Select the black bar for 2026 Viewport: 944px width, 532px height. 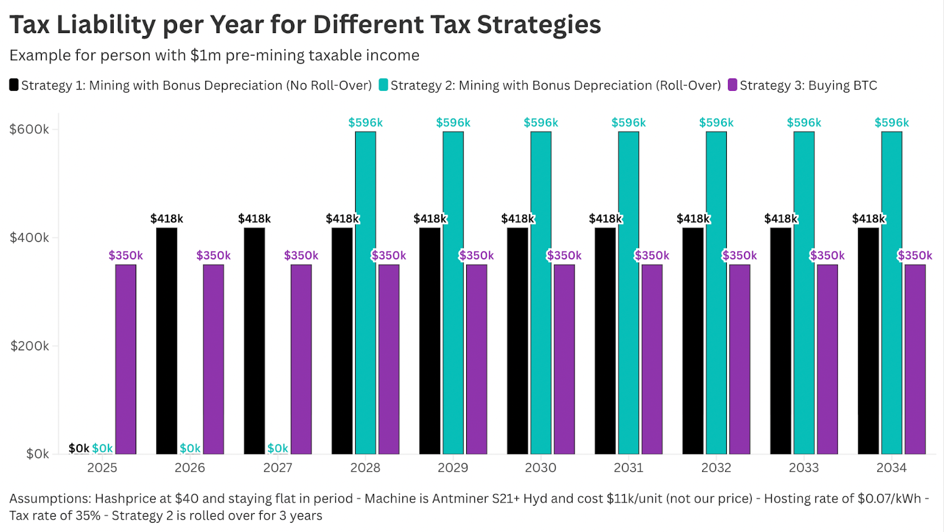pos(166,340)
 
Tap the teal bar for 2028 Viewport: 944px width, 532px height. pos(365,293)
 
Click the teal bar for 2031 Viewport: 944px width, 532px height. pos(628,293)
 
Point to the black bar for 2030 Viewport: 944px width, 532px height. pos(517,340)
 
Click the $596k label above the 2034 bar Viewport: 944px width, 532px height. pos(891,123)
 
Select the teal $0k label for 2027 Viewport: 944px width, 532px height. pos(278,448)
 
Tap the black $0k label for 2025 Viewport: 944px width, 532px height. pos(79,448)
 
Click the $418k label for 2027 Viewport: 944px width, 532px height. pos(254,219)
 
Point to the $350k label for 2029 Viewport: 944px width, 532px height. pos(477,255)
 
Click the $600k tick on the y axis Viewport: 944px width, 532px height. pos(29,129)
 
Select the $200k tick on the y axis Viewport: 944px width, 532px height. pos(29,346)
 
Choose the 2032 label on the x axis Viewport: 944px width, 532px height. pos(716,468)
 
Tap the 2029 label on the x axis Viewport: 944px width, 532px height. pos(453,468)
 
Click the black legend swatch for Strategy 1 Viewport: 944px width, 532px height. pos(14,85)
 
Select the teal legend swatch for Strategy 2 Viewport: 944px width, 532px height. pos(383,85)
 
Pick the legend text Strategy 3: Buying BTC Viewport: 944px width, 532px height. pos(808,86)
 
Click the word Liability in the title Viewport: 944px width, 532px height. pos(106,25)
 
